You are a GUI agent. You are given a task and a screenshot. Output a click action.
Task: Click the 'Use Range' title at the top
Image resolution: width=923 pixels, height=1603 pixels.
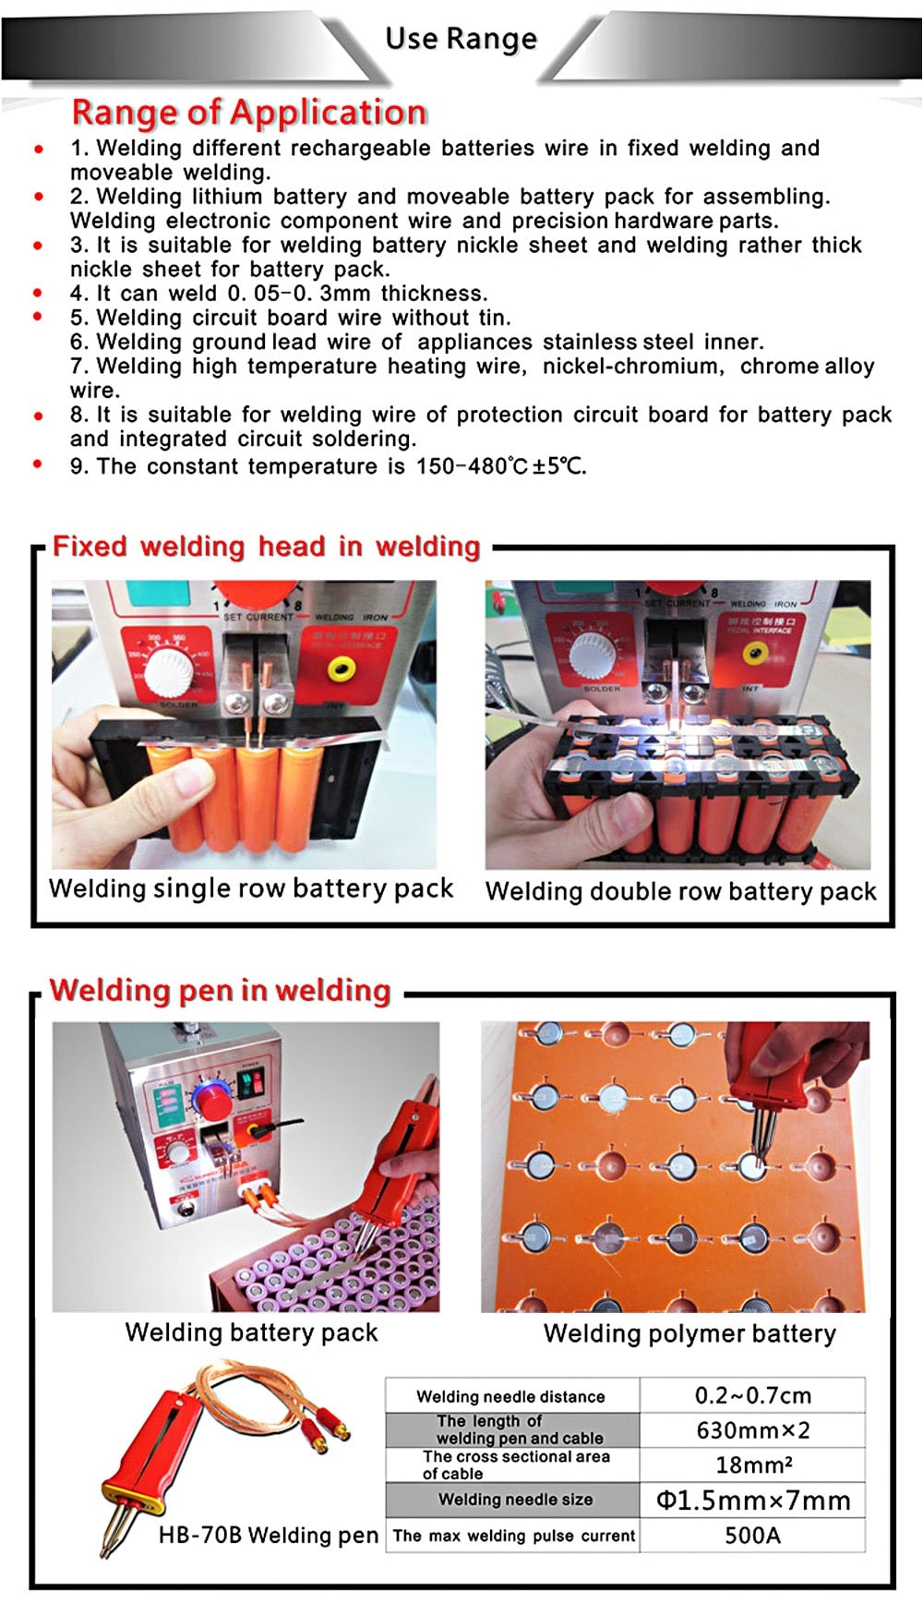click(461, 39)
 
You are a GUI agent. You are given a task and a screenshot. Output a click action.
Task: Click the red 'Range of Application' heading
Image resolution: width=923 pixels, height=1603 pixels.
click(249, 112)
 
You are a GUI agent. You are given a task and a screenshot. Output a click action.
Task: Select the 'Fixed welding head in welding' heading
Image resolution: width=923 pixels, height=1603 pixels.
click(266, 546)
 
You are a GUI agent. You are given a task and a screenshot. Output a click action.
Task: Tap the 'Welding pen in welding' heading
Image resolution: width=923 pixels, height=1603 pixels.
click(221, 990)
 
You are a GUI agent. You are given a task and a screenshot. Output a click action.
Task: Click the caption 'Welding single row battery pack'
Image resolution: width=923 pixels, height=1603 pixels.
click(251, 888)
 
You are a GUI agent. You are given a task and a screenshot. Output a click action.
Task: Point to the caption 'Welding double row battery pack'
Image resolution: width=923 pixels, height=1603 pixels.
click(681, 891)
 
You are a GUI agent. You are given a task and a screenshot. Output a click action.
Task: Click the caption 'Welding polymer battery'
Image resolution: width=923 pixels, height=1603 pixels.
click(689, 1333)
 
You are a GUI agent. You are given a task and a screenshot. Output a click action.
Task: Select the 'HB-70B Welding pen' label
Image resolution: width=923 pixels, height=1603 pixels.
click(269, 1536)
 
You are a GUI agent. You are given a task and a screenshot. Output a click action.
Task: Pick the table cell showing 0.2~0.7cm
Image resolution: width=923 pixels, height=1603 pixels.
click(752, 1395)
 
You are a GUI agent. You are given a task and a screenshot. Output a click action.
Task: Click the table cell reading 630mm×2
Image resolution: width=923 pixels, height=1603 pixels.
click(752, 1430)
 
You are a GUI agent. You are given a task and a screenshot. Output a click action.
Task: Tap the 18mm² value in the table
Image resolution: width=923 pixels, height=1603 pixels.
click(754, 1465)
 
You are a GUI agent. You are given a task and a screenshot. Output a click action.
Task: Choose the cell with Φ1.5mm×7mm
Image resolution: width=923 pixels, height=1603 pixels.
click(753, 1501)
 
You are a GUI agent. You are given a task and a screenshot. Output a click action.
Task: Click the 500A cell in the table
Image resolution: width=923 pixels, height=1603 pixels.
click(752, 1536)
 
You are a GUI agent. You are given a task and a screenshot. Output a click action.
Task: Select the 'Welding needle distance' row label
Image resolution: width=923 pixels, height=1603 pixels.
click(510, 1396)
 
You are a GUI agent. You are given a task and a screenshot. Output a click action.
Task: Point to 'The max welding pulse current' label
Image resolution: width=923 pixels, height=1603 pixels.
click(514, 1537)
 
